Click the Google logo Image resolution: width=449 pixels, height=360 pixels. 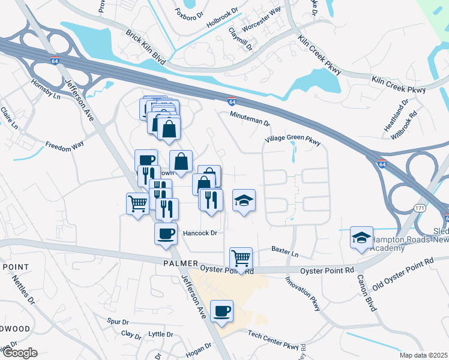[x=19, y=353]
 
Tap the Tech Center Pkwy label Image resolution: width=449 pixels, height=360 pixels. [x=273, y=340]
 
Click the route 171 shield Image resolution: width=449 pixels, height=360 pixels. [x=420, y=208]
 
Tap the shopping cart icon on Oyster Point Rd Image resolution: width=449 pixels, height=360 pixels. [x=241, y=259]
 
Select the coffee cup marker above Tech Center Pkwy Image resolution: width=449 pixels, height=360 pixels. [x=222, y=311]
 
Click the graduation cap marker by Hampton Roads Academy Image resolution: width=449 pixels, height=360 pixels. [x=361, y=238]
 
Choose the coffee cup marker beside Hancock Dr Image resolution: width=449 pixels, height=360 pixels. [x=166, y=234]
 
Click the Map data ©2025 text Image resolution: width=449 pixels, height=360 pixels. [x=423, y=355]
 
